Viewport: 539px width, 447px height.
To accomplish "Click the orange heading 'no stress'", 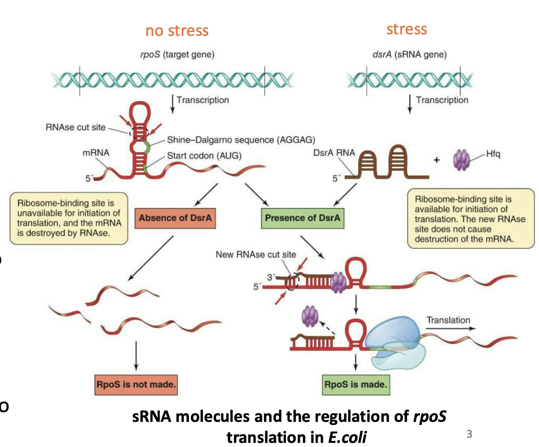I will coord(177,31).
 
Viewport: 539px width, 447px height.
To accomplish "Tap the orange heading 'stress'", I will coord(406,29).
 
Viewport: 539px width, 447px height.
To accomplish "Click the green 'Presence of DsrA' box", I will coord(302,218).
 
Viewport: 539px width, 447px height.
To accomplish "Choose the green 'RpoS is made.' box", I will coord(356,384).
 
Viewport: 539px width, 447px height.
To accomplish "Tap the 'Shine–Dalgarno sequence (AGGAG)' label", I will coord(240,139).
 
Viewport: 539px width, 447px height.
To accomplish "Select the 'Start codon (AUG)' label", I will coord(204,155).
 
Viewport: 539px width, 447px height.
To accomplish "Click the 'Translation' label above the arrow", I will coord(448,320).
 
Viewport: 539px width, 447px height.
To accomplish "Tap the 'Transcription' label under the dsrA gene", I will coord(441,100).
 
